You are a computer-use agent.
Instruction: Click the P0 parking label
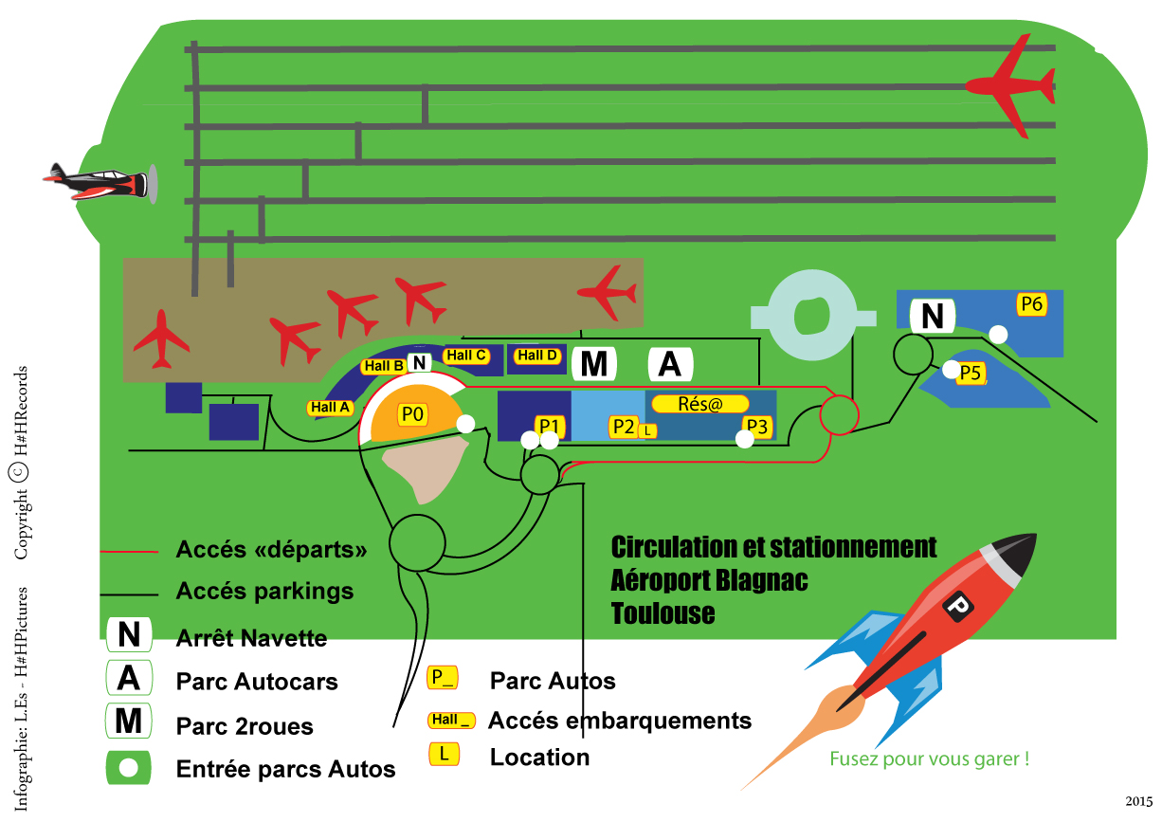(413, 414)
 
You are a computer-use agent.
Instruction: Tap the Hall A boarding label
(331, 408)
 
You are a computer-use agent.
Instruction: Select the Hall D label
(537, 356)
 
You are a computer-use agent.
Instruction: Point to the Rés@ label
(700, 404)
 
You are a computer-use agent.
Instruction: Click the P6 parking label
(1031, 304)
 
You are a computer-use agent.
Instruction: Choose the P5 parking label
(971, 374)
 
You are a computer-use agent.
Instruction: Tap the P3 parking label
(756, 426)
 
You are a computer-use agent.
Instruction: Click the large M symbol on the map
(593, 364)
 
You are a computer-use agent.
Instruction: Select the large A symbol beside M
(670, 364)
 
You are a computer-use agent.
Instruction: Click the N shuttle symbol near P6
(933, 317)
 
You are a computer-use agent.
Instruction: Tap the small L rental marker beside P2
(647, 430)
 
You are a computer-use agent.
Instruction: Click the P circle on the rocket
(957, 604)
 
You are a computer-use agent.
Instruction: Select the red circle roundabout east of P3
(839, 415)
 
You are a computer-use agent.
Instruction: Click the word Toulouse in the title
(663, 612)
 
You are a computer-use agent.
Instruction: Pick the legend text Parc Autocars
(257, 682)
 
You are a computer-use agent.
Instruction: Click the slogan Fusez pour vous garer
(929, 758)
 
